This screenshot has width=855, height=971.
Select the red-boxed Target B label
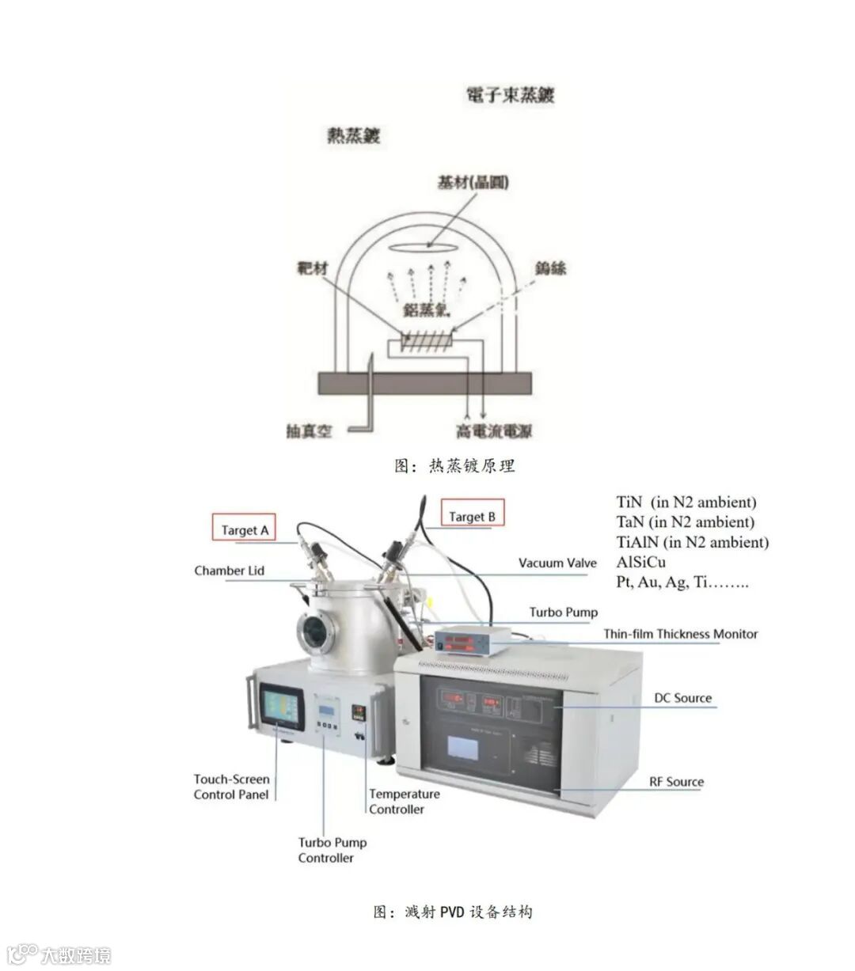(x=472, y=517)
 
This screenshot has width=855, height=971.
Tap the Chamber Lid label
(x=229, y=571)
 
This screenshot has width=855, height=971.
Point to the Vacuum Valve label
(x=557, y=563)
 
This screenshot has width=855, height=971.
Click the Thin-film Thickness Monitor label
(x=680, y=634)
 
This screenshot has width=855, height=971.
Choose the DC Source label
(x=682, y=698)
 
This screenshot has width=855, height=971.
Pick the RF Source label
(x=676, y=782)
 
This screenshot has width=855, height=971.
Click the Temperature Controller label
(x=404, y=802)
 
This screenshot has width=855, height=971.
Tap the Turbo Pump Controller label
(x=332, y=850)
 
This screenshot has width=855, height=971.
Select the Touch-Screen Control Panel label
(x=231, y=787)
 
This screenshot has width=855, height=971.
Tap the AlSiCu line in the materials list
(x=640, y=563)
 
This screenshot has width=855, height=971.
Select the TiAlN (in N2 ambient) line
(x=692, y=542)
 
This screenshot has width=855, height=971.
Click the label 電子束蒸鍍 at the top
(x=511, y=96)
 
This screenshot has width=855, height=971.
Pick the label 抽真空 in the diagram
(x=309, y=432)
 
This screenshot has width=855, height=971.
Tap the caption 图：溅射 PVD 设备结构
(x=453, y=912)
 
